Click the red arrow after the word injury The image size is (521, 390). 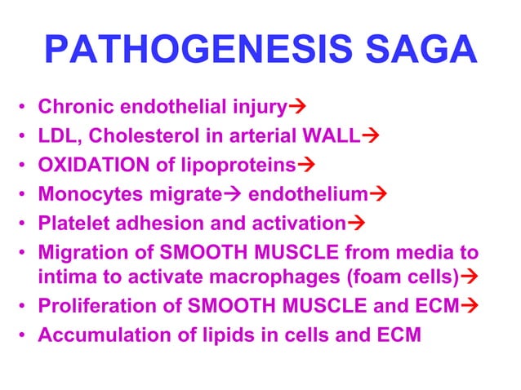coord(298,107)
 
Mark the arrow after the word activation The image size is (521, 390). coord(355,224)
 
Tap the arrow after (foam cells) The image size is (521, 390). coord(470,277)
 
